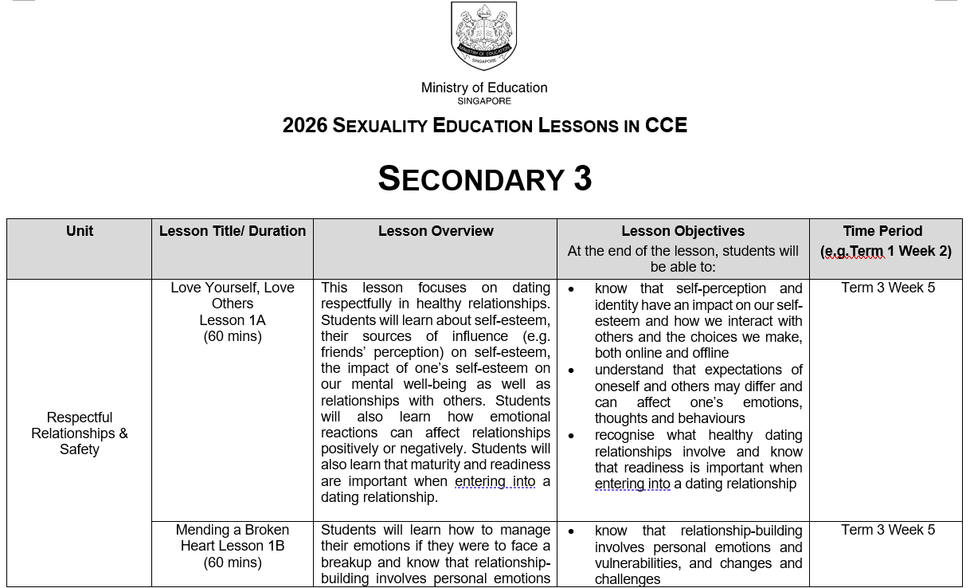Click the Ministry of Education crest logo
(x=484, y=36)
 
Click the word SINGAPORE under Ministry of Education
(x=484, y=101)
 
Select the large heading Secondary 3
(x=484, y=178)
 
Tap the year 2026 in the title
(x=304, y=126)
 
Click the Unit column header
(x=80, y=231)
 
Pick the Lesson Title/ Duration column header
(x=233, y=231)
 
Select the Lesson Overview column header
(x=436, y=231)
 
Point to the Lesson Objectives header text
(x=683, y=231)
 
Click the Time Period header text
(x=882, y=231)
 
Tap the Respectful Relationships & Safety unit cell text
(x=80, y=433)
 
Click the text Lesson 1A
(x=233, y=320)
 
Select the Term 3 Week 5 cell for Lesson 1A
(x=888, y=288)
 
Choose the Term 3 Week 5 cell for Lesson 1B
(x=888, y=530)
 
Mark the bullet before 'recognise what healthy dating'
(x=571, y=436)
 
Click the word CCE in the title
(x=666, y=126)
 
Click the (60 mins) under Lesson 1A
(x=233, y=336)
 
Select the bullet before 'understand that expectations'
(x=571, y=370)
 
